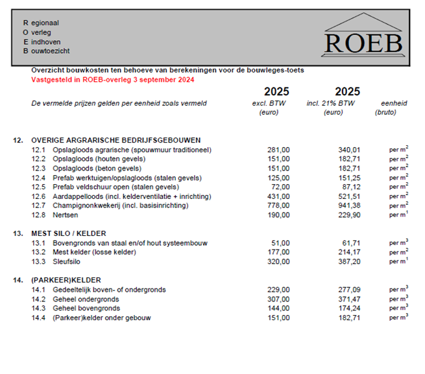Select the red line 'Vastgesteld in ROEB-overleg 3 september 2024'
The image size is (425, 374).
pyautogui.click(x=113, y=80)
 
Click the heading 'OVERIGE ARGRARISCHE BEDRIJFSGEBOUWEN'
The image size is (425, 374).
pyautogui.click(x=116, y=140)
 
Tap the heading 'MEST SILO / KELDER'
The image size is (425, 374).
pyautogui.click(x=68, y=233)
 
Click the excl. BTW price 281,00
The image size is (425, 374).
pyautogui.click(x=278, y=150)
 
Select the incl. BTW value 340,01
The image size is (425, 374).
pyautogui.click(x=348, y=150)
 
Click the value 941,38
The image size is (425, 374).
pyautogui.click(x=348, y=205)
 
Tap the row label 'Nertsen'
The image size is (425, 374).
pyautogui.click(x=66, y=215)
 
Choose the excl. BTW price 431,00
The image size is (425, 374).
pyautogui.click(x=278, y=196)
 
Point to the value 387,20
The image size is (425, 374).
pyautogui.click(x=348, y=261)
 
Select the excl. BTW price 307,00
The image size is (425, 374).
pyautogui.click(x=278, y=299)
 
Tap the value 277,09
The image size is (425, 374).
pyautogui.click(x=348, y=290)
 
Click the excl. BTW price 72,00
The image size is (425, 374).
pyautogui.click(x=280, y=187)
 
